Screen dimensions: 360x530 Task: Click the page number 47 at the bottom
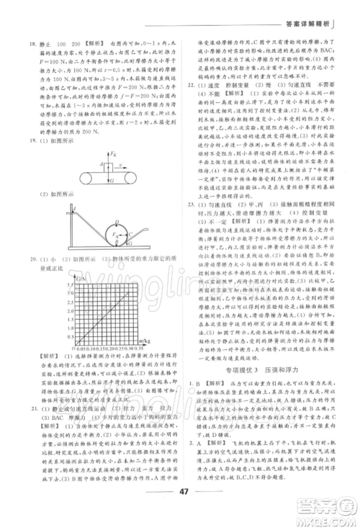tap(179, 501)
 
